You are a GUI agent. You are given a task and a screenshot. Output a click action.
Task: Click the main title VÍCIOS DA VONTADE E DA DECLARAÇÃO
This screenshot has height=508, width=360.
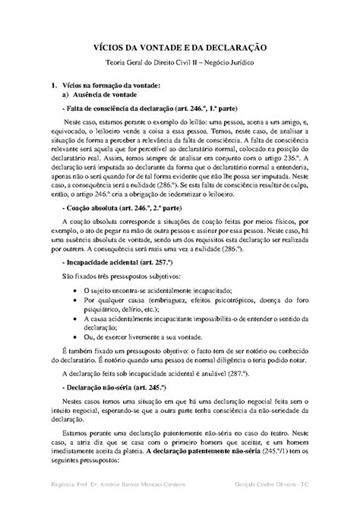click(x=179, y=49)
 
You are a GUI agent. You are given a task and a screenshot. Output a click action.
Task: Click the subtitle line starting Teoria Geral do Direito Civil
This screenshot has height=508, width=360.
click(x=179, y=67)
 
